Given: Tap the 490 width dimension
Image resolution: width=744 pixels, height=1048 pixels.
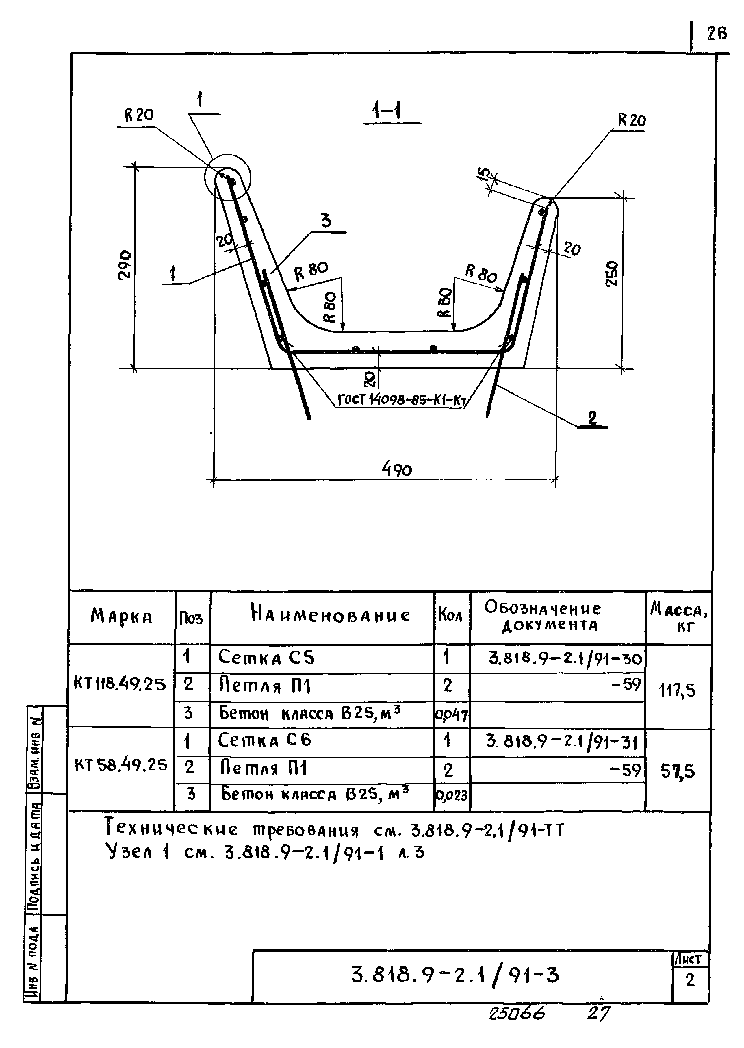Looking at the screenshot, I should coord(397,469).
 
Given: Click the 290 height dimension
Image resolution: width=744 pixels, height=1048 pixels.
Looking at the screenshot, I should coord(125,265).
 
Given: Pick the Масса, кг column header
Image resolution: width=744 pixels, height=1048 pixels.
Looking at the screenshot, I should coord(678,617).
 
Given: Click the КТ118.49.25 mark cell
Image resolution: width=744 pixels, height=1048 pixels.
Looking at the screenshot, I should coord(120,684).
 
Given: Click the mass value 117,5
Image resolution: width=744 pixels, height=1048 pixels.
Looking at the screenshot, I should coord(677,690).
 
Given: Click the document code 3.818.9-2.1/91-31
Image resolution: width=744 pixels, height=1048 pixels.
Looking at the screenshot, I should coord(562,741).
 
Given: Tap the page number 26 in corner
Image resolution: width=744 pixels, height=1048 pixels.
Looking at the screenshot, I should coord(717,33).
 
